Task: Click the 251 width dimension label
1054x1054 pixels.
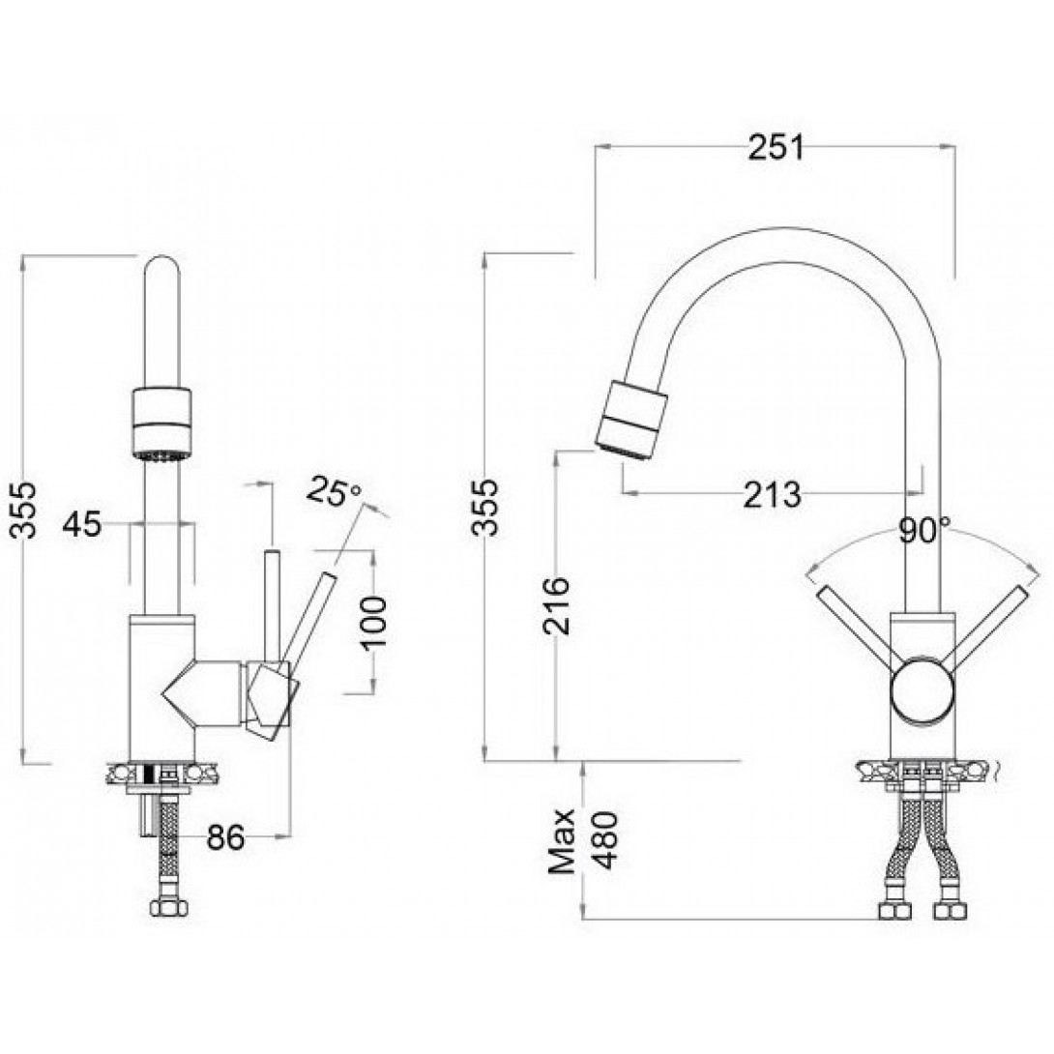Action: pyautogui.click(x=775, y=148)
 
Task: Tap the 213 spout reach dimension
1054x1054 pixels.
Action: pyautogui.click(x=773, y=494)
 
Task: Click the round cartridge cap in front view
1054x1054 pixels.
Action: pyautogui.click(x=920, y=691)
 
